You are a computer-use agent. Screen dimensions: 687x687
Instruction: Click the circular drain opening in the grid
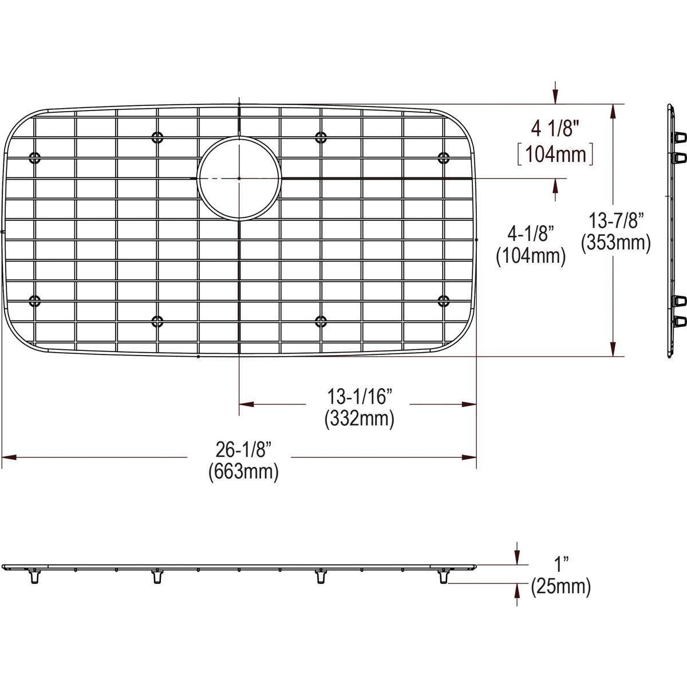(x=239, y=178)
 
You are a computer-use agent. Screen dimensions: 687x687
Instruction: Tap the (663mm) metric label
(x=243, y=472)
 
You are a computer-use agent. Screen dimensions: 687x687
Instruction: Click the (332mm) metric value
(x=359, y=419)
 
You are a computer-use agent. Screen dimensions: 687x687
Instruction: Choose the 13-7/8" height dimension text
(x=617, y=219)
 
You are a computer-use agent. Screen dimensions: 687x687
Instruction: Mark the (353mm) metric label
(x=615, y=243)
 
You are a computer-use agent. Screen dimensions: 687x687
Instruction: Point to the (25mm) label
(x=561, y=586)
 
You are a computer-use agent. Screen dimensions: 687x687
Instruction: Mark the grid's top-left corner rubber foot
(x=34, y=157)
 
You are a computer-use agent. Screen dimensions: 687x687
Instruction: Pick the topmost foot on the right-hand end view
(x=680, y=137)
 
